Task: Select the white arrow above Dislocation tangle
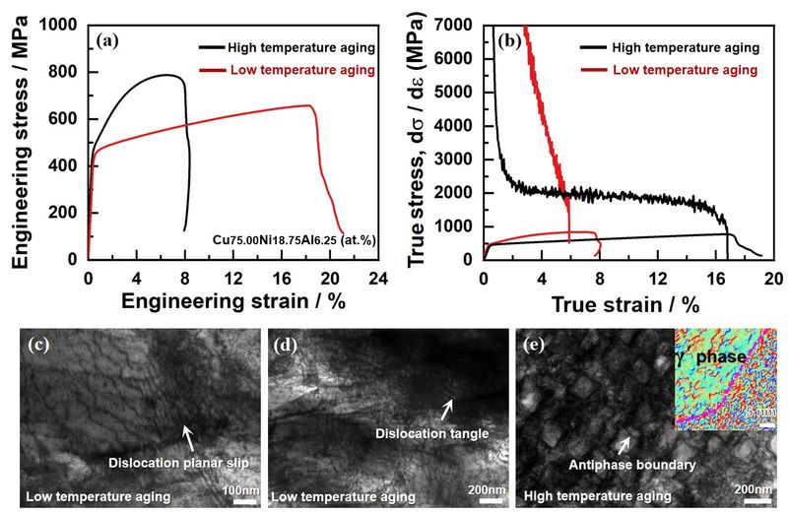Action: [448, 407]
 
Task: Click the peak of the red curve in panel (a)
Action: [310, 105]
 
